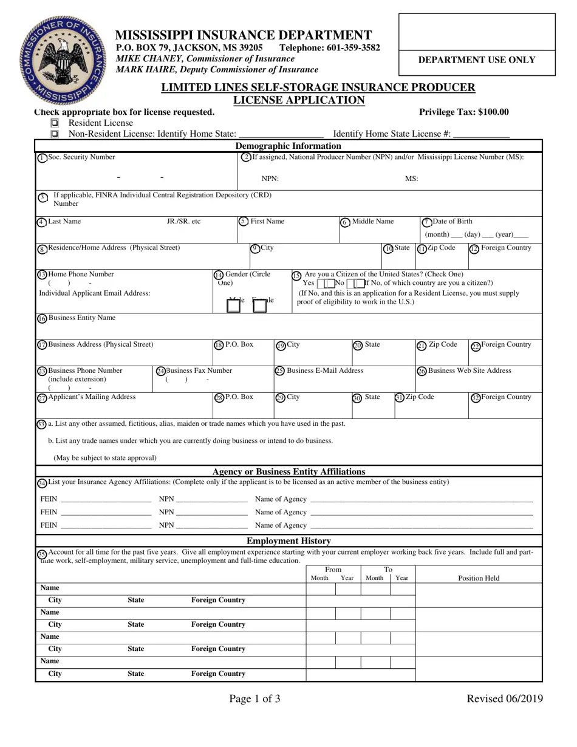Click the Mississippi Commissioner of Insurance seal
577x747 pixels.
(62, 61)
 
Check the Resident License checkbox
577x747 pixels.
(55, 123)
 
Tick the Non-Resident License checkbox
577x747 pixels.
(55, 134)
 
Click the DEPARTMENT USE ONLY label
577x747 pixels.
(477, 60)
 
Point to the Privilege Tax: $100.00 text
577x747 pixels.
(464, 112)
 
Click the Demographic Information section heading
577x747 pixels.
(288, 146)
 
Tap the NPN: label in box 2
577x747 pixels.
(270, 179)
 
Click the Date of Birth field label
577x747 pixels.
(452, 222)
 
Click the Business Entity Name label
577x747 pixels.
(81, 318)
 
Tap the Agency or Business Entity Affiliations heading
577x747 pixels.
(288, 472)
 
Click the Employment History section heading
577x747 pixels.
(288, 541)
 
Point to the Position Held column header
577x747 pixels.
(479, 578)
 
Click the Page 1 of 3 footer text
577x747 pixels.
(254, 698)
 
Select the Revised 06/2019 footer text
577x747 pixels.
(504, 698)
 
